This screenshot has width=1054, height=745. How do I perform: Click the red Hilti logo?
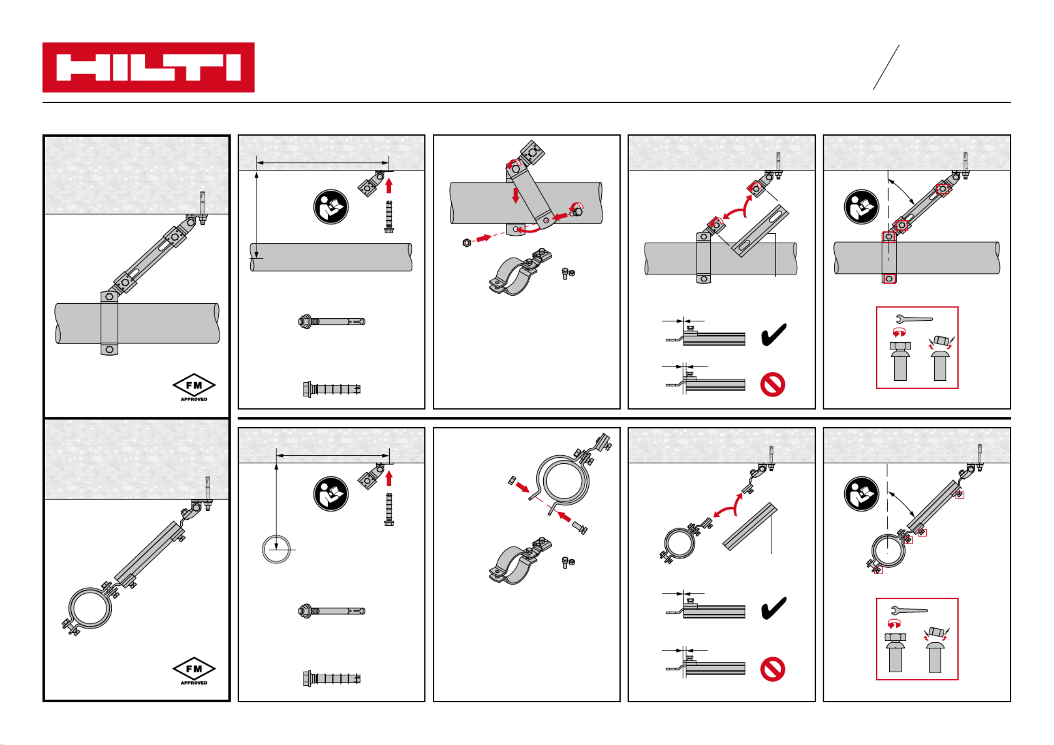148,67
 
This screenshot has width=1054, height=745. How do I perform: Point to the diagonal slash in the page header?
886,67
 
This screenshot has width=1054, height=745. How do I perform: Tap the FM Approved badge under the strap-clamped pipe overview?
194,387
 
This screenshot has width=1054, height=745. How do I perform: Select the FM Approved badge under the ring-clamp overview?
194,670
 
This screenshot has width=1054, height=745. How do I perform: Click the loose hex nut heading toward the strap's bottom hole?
467,243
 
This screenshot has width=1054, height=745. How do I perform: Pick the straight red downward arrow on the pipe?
515,195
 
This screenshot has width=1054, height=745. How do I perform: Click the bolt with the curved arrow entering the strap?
577,211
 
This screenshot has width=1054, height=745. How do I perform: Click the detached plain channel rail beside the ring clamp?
750,526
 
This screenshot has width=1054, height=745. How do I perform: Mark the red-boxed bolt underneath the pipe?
889,279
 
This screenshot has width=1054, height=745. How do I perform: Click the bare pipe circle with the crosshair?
277,549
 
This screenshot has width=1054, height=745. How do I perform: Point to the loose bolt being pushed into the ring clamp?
579,528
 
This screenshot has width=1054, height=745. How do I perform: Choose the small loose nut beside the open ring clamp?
512,480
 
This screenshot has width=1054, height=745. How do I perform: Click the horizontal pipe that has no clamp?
331,257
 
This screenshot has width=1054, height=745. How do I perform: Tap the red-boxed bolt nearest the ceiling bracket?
942,189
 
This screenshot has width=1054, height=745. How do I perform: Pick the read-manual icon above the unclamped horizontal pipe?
331,207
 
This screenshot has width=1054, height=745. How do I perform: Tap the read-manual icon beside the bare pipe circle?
331,494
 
